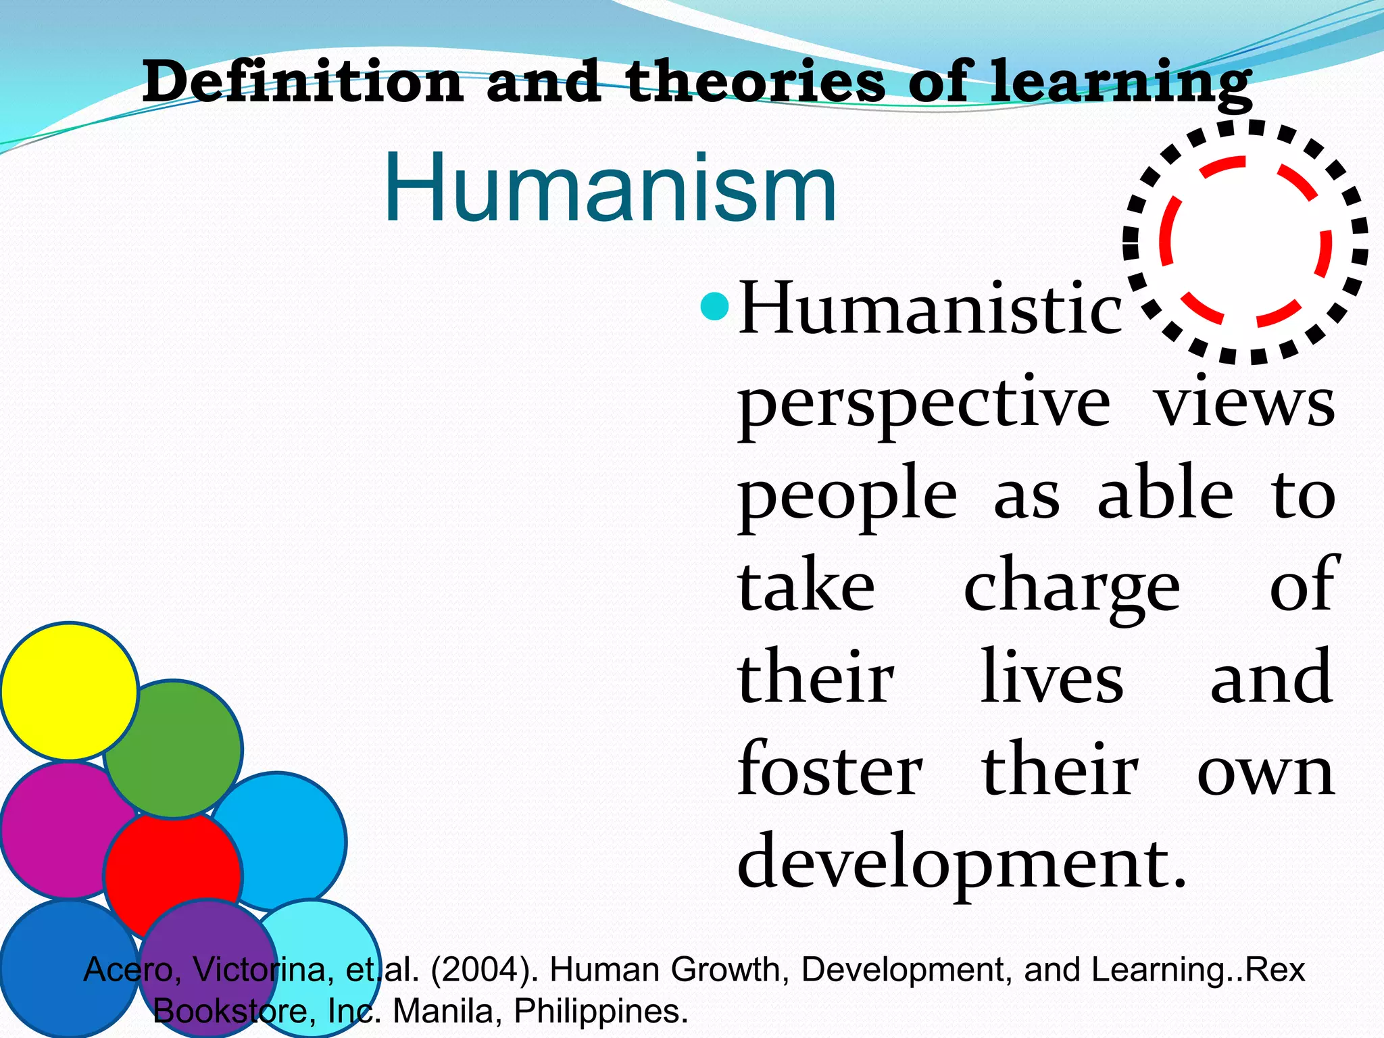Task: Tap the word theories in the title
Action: click(754, 82)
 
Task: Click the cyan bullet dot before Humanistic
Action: click(715, 307)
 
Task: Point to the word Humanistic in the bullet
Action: click(930, 310)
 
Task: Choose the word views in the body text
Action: click(1245, 404)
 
